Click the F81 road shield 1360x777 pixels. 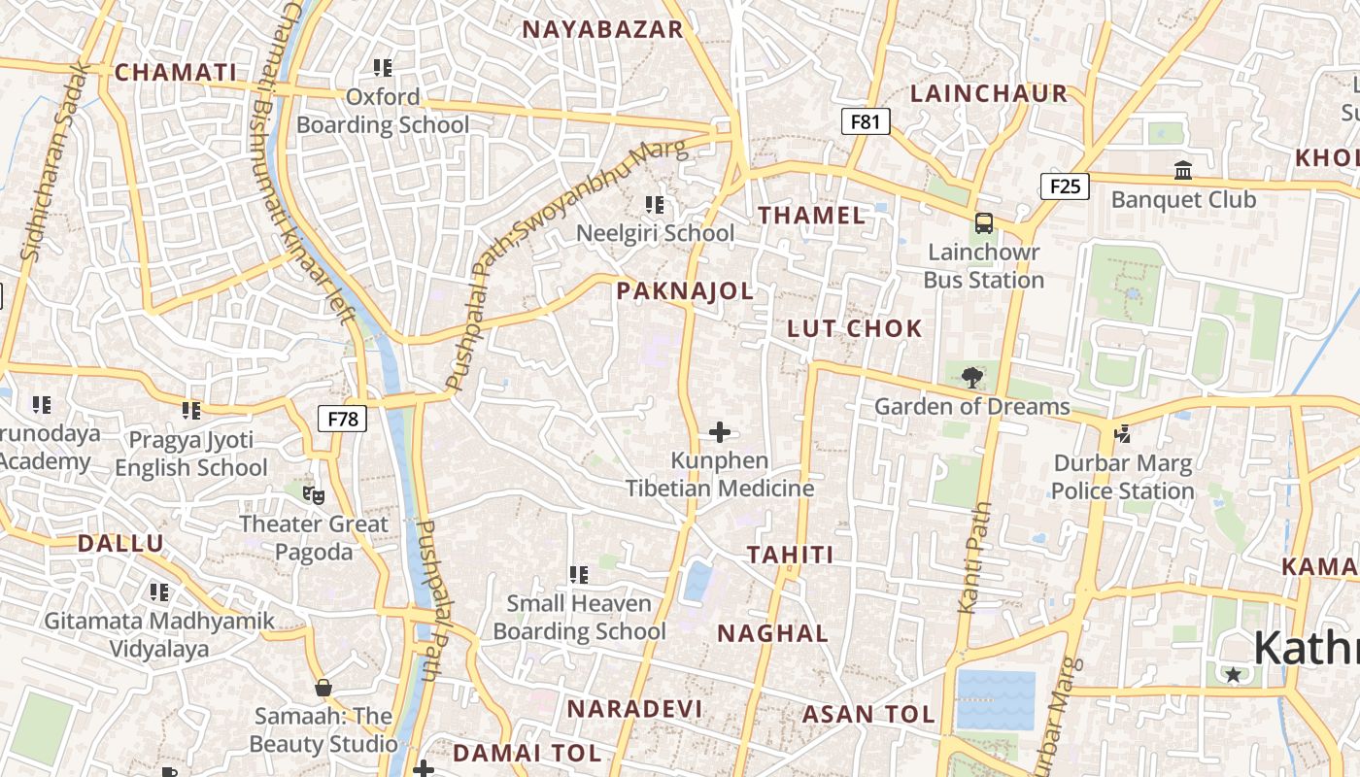click(865, 121)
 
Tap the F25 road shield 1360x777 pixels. click(1065, 186)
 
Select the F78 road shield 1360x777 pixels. click(343, 420)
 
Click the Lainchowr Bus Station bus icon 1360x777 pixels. click(984, 223)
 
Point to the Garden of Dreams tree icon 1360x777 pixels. click(970, 378)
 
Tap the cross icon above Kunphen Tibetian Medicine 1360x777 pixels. click(720, 432)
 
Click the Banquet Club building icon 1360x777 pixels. click(1183, 171)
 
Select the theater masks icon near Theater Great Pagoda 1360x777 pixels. click(313, 495)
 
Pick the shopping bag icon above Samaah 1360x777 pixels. click(323, 688)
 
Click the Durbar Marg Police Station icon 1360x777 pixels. click(1123, 434)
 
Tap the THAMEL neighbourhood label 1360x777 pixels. click(812, 216)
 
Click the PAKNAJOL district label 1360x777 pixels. click(685, 290)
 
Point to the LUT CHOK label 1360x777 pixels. click(855, 328)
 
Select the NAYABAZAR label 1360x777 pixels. click(603, 29)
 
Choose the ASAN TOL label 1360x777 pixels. click(868, 715)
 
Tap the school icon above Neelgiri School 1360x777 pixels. click(655, 205)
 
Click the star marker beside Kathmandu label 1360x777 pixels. click(1233, 674)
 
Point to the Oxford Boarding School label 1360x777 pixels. click(383, 111)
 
